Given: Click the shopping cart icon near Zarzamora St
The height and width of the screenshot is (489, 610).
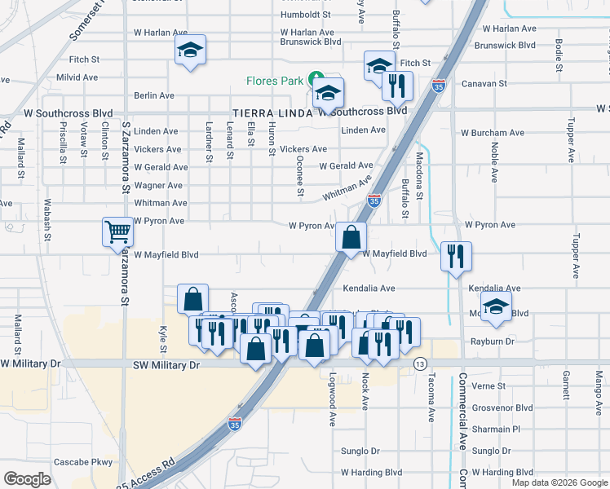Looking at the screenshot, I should tap(117, 231).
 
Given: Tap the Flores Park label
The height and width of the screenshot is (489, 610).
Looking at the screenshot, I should tap(275, 81).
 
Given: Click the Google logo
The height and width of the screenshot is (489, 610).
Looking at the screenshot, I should tap(27, 479).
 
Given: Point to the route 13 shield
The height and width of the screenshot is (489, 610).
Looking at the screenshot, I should tap(420, 362).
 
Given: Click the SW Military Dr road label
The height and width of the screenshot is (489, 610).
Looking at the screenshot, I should tap(166, 366).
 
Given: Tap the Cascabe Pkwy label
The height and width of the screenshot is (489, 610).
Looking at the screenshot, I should tap(83, 462).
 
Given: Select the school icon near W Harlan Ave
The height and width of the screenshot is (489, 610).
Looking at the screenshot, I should tap(190, 50).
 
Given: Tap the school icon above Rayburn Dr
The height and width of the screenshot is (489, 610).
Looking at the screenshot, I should tap(495, 307).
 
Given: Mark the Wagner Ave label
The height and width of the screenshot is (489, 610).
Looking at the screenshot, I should tap(161, 185).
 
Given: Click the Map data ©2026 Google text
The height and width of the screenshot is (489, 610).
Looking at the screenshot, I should tap(559, 482).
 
